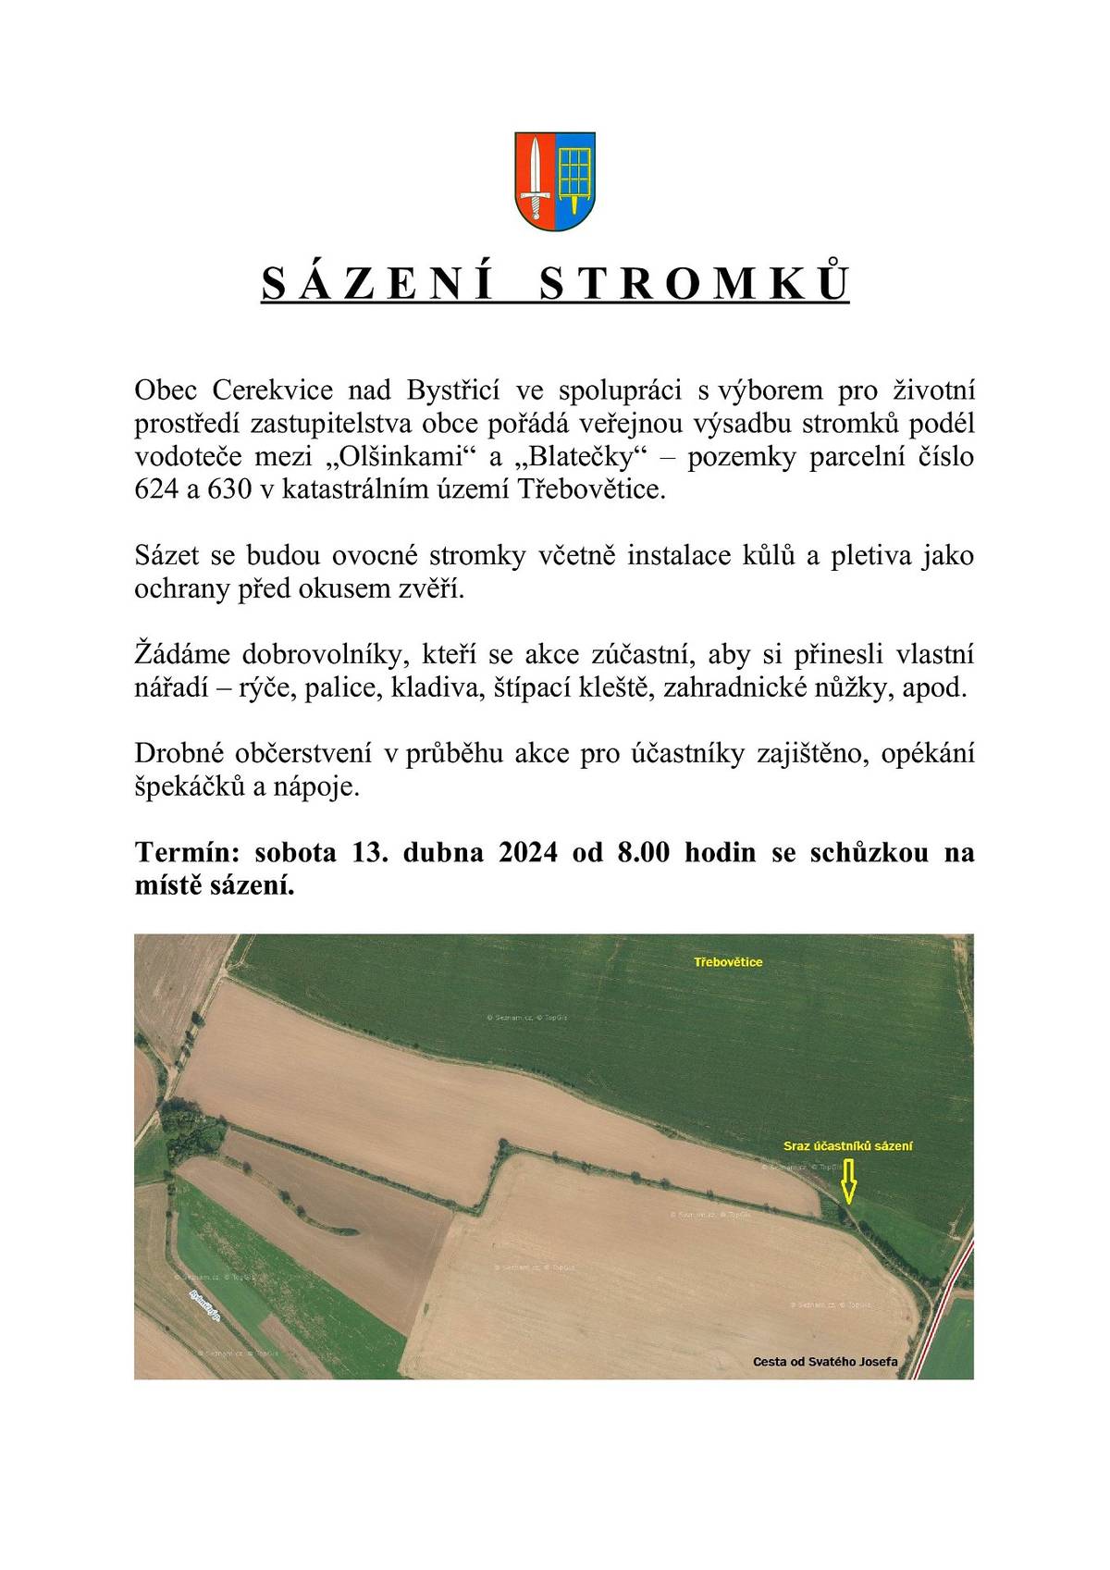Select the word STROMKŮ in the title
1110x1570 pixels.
693,284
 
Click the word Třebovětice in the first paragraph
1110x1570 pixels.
598,489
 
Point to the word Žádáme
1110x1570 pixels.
179,655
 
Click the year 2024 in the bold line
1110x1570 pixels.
528,853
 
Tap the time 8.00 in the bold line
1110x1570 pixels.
643,853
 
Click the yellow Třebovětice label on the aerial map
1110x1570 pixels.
728,962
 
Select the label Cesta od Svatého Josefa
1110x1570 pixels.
825,1362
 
